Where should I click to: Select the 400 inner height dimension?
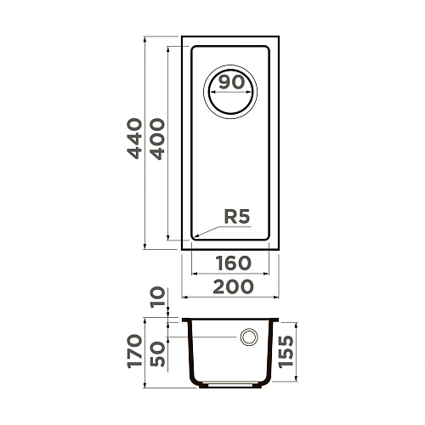point(155,143)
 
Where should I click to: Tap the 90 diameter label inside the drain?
point(231,82)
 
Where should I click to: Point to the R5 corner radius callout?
point(236,218)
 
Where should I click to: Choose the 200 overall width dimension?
point(231,286)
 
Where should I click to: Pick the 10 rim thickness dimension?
point(156,297)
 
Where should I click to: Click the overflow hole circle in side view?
point(250,337)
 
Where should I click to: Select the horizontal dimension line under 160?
point(231,275)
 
